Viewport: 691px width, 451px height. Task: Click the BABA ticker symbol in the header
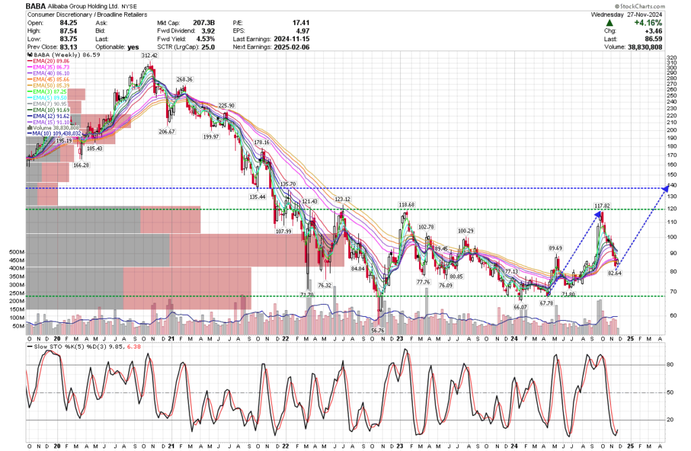point(38,5)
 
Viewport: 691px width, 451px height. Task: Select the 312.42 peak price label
point(150,55)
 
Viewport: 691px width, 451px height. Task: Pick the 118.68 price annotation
point(407,204)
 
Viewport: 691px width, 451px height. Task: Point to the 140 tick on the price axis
point(672,185)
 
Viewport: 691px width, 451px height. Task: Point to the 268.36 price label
point(184,79)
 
